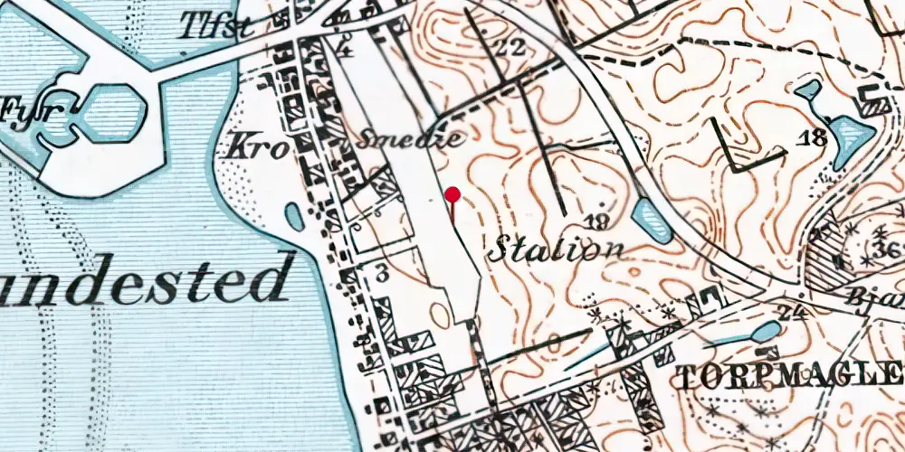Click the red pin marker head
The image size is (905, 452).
click(x=453, y=193)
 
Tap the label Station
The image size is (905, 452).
click(x=557, y=248)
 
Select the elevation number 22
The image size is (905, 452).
click(x=510, y=48)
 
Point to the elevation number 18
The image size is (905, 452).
click(x=814, y=137)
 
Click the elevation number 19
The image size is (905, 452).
click(x=595, y=221)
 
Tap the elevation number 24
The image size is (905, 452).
click(x=798, y=313)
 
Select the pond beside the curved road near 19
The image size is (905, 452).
click(x=652, y=220)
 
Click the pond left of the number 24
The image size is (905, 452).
click(x=766, y=332)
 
